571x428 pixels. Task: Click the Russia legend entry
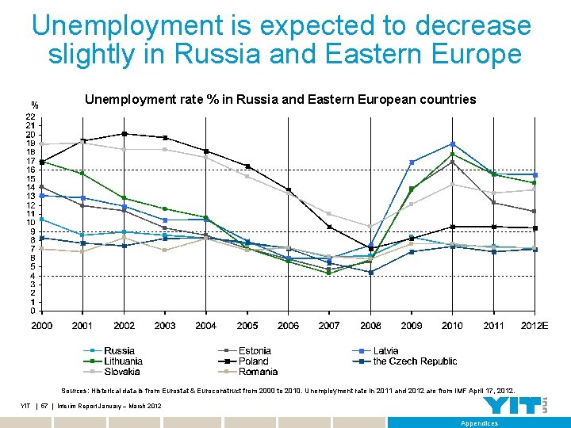tap(119, 350)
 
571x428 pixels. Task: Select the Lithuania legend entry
tap(123, 361)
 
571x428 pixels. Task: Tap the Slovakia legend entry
tap(121, 372)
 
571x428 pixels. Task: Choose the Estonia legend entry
tap(255, 350)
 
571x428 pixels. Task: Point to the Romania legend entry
tap(258, 372)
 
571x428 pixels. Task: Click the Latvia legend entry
tap(385, 350)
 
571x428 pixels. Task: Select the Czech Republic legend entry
tap(415, 361)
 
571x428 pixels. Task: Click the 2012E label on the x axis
tap(534, 326)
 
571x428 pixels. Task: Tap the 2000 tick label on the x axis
tap(41, 326)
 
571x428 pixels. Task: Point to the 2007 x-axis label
tap(329, 326)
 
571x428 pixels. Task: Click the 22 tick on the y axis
tap(29, 117)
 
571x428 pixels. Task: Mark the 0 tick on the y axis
tap(32, 311)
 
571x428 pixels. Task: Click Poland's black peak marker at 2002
tap(124, 134)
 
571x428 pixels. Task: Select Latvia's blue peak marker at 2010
tap(452, 144)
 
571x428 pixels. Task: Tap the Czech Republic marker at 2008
tap(370, 273)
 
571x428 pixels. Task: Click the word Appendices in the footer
tap(481, 423)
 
